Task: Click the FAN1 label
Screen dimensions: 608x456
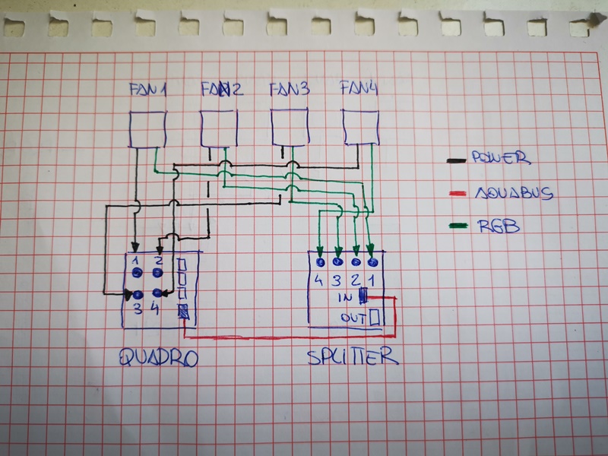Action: [147, 90]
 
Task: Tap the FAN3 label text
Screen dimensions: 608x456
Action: [290, 89]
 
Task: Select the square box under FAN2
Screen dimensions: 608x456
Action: [219, 128]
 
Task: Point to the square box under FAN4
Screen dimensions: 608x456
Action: [360, 128]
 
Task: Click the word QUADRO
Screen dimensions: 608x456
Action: [159, 357]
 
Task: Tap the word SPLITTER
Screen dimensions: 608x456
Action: [353, 356]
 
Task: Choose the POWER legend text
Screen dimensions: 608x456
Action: [501, 157]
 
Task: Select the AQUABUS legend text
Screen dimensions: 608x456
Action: [515, 193]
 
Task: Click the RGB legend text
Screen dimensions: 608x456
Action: [499, 226]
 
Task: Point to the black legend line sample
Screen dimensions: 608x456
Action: [457, 160]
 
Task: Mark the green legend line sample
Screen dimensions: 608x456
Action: [458, 225]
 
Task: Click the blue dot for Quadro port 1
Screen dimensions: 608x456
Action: [137, 273]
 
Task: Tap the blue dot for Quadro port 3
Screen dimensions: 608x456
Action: [138, 296]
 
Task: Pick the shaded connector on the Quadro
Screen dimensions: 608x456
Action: [183, 312]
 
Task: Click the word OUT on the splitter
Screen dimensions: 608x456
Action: [353, 318]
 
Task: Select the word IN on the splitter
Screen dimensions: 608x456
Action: [345, 297]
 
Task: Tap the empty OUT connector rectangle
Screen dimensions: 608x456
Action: [374, 316]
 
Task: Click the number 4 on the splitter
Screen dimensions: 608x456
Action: [318, 280]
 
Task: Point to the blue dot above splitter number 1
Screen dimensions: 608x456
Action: [372, 262]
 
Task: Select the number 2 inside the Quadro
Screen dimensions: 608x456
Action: [159, 259]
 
